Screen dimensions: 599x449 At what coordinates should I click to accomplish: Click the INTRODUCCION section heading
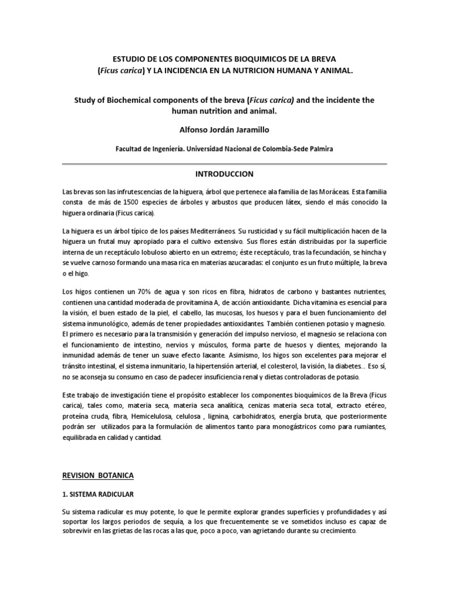[224, 174]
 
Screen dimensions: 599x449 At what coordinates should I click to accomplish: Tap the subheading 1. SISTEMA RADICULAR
[101, 495]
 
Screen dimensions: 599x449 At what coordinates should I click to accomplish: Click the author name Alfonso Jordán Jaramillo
[224, 129]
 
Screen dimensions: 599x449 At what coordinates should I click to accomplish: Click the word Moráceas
[328, 191]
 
